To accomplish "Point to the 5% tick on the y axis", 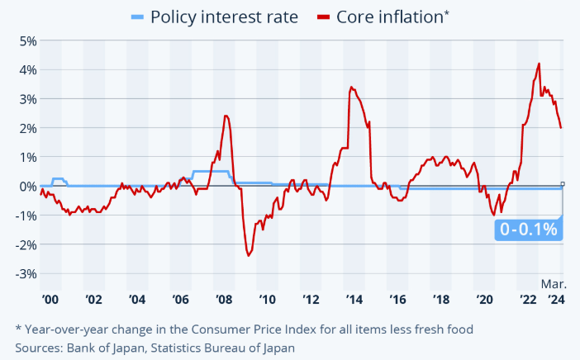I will (x=26, y=40).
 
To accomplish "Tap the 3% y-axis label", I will (x=26, y=99).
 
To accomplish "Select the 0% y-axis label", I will (x=26, y=187).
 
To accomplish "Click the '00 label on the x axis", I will (x=50, y=300).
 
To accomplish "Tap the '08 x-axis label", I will (x=224, y=300).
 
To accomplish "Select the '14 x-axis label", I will (x=354, y=300).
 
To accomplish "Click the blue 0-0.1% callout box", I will (x=529, y=230).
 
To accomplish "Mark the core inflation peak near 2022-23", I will (x=539, y=64).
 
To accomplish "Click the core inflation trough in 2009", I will (x=248, y=255).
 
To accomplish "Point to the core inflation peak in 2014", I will (x=351, y=87).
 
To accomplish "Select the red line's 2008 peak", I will (x=226, y=116).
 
